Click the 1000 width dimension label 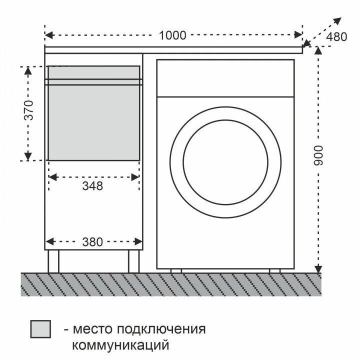point(173,35)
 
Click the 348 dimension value point(93,186)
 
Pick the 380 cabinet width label point(93,242)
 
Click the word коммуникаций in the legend point(120,345)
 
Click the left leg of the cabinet point(53,260)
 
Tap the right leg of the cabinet point(133,260)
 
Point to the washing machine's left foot point(176,270)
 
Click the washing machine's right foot point(275,270)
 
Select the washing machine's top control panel point(225,77)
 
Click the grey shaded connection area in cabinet point(93,122)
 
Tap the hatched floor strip point(170,284)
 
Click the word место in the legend point(91,329)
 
